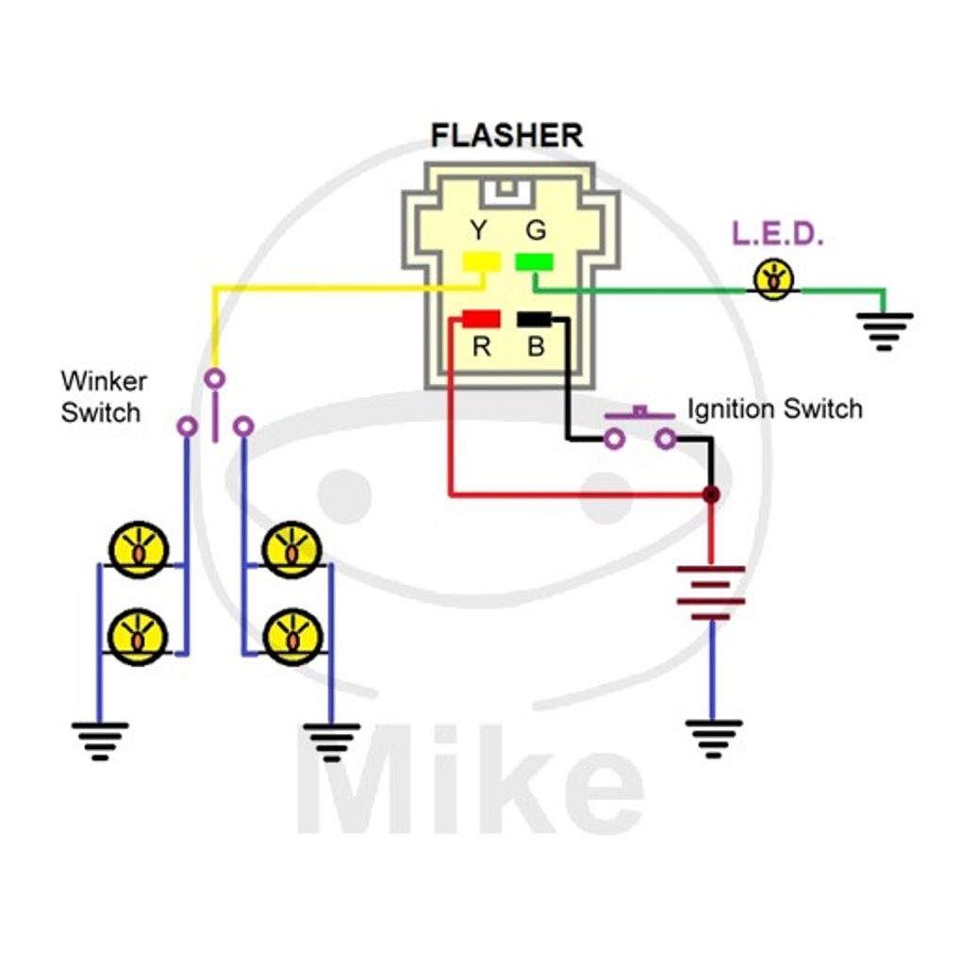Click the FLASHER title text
tap(506, 136)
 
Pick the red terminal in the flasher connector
tap(481, 319)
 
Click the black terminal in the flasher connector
tap(535, 319)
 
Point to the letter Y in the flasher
tap(479, 230)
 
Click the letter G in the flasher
tap(535, 230)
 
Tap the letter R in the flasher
tap(481, 347)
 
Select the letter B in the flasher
tap(536, 347)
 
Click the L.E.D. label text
tap(778, 235)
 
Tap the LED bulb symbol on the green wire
tap(774, 279)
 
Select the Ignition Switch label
tap(774, 409)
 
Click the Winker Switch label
tap(103, 397)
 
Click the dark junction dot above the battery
tap(711, 494)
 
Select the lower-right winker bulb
tap(292, 637)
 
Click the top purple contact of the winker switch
tap(215, 379)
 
